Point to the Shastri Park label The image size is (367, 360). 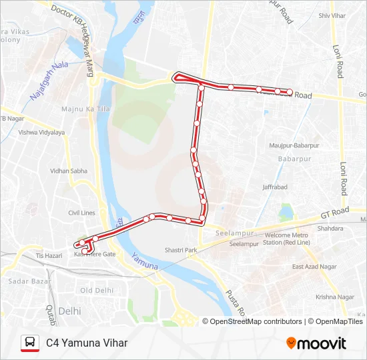pos(181,250)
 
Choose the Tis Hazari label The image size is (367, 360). pos(48,255)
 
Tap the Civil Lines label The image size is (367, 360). pos(81,213)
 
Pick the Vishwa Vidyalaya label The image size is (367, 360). pos(42,133)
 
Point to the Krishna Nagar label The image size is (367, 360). pos(317,297)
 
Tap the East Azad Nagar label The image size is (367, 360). pos(314,267)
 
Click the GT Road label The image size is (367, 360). pos(334,212)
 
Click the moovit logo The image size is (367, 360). pos(316,343)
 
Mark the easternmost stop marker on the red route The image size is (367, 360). pos(290,92)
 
